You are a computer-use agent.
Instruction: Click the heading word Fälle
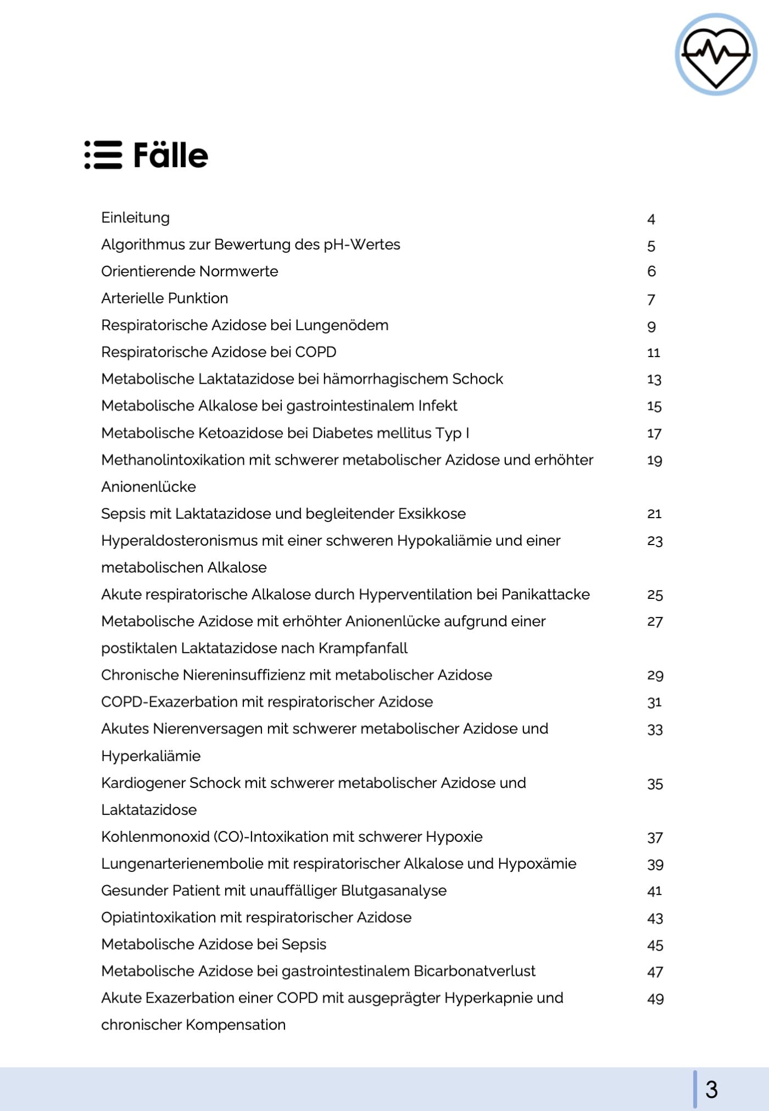click(170, 155)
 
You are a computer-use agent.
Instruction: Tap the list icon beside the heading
click(103, 155)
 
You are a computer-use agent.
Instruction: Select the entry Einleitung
click(135, 218)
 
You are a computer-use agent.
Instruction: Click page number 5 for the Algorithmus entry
click(651, 246)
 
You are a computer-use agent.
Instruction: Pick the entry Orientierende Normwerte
click(190, 271)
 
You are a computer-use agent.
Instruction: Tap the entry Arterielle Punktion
click(164, 298)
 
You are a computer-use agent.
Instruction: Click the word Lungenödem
click(341, 325)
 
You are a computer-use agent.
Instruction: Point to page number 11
click(653, 353)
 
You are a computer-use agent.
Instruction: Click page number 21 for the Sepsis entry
click(654, 514)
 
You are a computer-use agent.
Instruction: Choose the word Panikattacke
click(545, 595)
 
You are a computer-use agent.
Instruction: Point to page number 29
click(655, 675)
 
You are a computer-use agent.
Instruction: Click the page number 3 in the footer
click(711, 1090)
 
